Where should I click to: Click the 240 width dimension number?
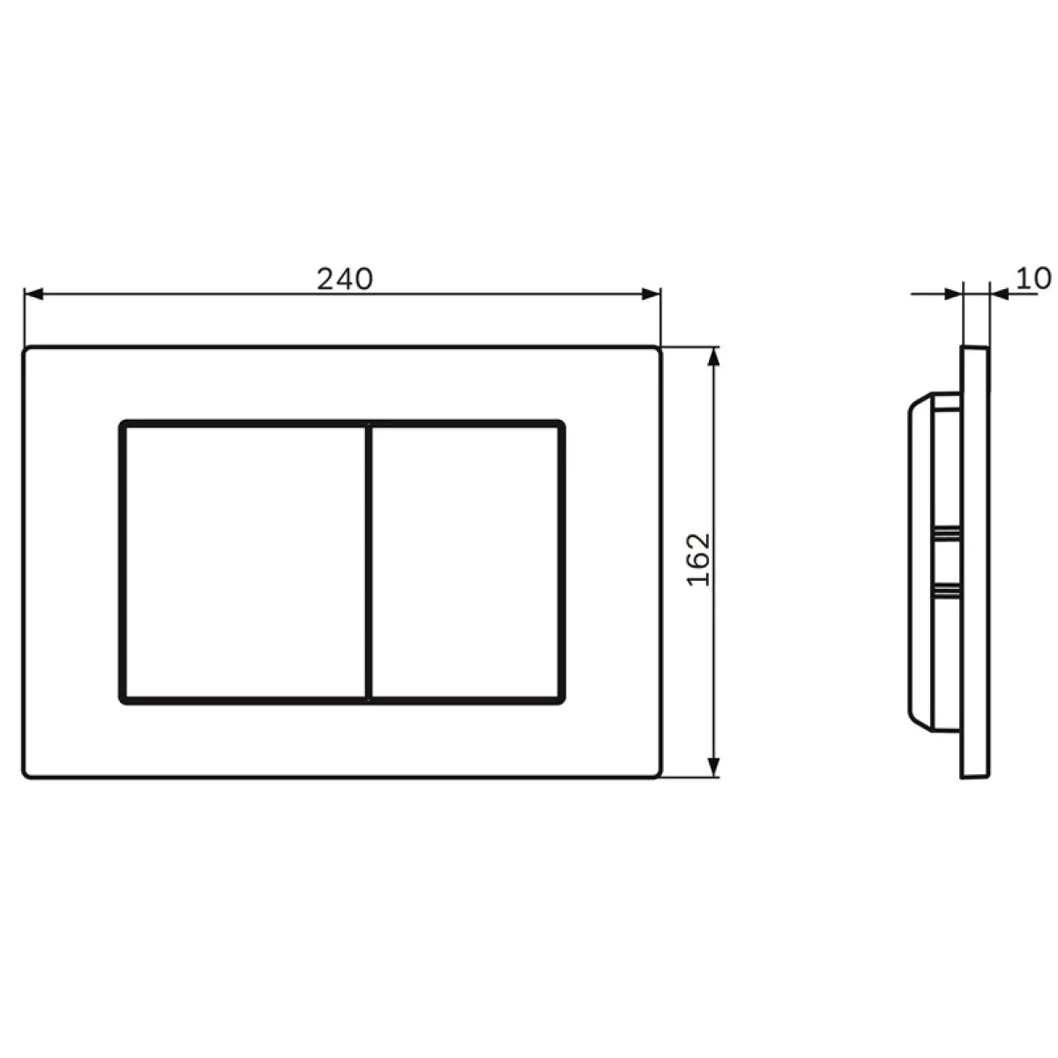[345, 279]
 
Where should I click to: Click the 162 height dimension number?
[699, 560]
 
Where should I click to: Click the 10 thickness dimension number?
[1032, 279]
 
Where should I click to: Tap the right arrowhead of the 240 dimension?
[651, 294]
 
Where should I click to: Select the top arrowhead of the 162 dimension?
[713, 357]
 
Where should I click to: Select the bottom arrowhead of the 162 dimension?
[713, 767]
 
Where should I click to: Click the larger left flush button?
[245, 563]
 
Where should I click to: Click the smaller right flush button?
[466, 563]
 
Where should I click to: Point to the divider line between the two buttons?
[369, 563]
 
